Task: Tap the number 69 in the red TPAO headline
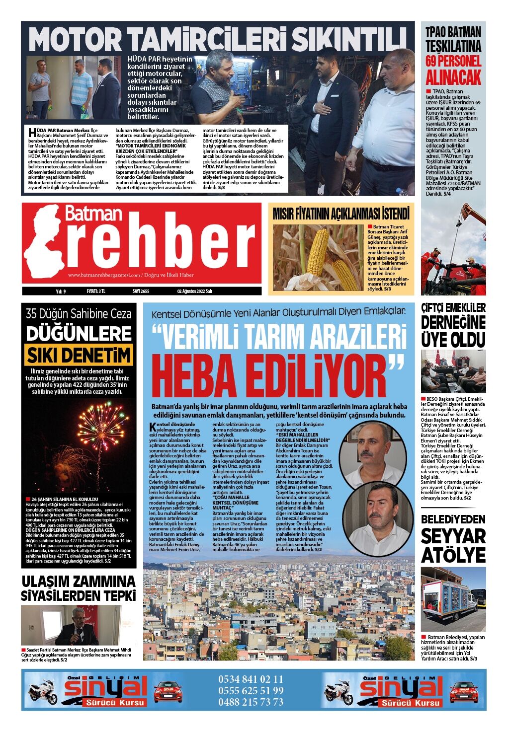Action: pos(436,62)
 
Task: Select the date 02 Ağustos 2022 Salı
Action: pos(194,292)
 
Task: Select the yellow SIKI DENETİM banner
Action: pos(79,355)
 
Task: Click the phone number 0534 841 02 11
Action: pos(251,679)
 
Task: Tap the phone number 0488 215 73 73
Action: pos(251,702)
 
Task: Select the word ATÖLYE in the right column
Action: pos(453,555)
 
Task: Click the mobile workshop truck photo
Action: pos(453,599)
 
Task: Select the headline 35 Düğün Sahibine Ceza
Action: pos(79,313)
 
